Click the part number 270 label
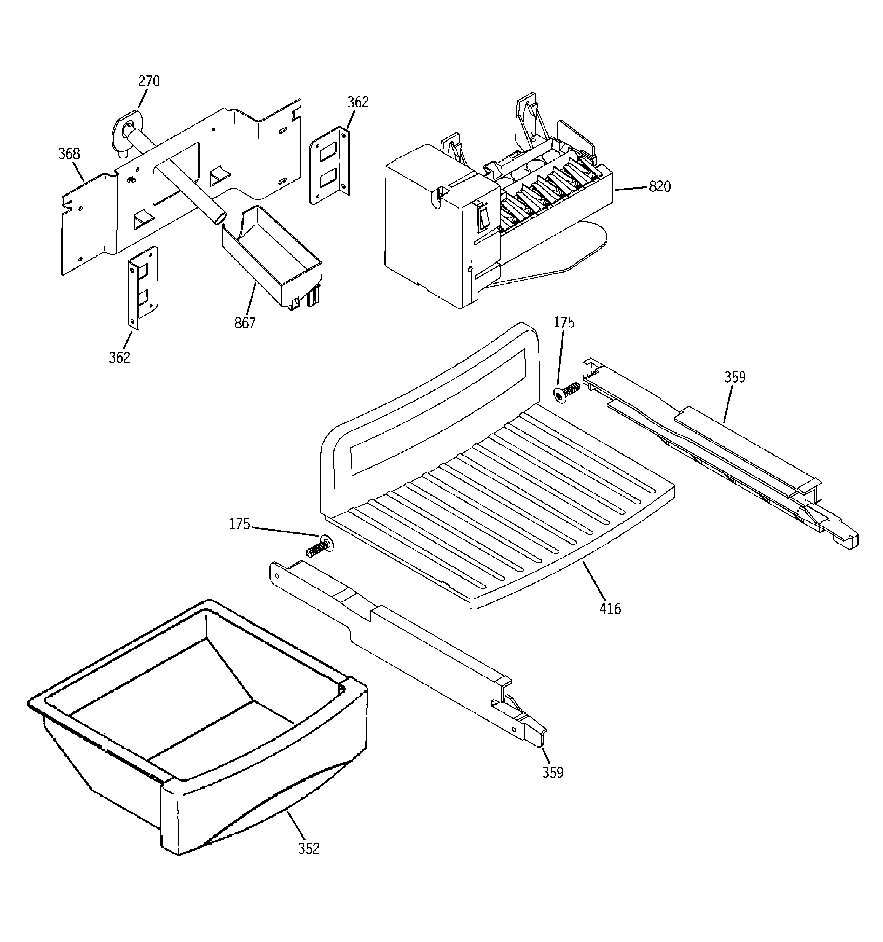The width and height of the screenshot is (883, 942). (149, 81)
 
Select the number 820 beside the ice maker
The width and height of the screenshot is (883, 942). (660, 187)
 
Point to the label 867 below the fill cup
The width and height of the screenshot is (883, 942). (245, 323)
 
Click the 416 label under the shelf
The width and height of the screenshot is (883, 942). (610, 609)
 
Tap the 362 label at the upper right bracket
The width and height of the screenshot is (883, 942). (358, 102)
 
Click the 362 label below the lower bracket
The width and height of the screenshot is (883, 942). (120, 358)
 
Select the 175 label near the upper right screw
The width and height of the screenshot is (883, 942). (564, 323)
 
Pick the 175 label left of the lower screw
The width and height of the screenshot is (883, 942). (239, 524)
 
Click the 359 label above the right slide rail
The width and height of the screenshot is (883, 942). (735, 377)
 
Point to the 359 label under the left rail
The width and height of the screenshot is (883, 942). (553, 772)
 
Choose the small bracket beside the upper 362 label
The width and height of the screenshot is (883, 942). (330, 165)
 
